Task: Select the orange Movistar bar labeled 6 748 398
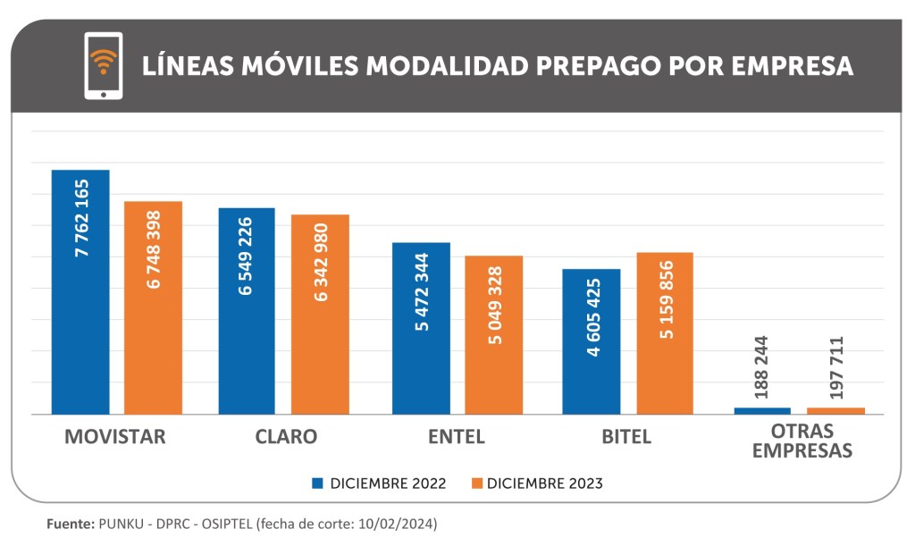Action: (x=153, y=307)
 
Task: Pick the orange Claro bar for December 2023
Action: (x=320, y=314)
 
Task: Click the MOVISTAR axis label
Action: (x=115, y=437)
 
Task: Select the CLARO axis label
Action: (x=286, y=437)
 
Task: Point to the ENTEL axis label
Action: (x=456, y=437)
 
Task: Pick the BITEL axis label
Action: (x=625, y=437)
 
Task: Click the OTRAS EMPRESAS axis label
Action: (x=802, y=441)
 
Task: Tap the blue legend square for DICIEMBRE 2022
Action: (x=317, y=483)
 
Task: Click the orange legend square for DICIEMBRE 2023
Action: (x=476, y=483)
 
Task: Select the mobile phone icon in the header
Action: (x=104, y=65)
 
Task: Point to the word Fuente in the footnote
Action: (x=70, y=523)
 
